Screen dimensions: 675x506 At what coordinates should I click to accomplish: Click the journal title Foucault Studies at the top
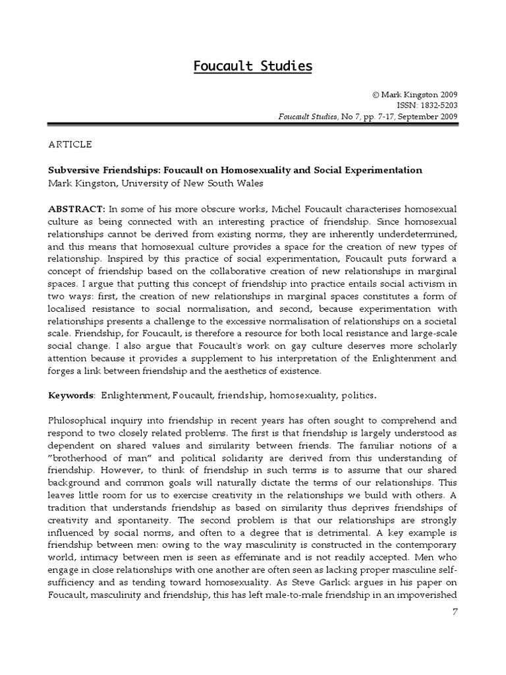pos(253,66)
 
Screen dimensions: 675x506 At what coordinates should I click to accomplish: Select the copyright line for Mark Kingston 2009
pos(414,94)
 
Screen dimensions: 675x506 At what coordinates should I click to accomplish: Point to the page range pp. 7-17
pos(374,117)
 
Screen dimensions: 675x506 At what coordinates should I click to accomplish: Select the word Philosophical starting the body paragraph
pos(80,421)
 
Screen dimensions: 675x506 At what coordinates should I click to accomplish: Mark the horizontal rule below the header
pos(253,124)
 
